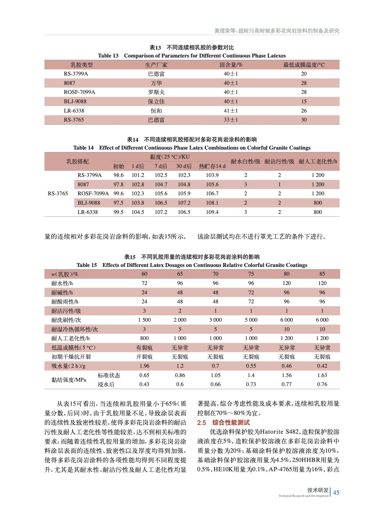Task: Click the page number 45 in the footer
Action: tap(336, 492)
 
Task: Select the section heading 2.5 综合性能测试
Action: tap(223, 422)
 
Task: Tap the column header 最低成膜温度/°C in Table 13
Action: tap(304, 65)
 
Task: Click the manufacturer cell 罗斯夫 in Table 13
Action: tap(156, 92)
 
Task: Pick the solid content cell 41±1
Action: tap(231, 111)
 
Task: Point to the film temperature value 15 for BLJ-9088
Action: tap(304, 101)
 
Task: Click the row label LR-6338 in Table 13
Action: tap(74, 111)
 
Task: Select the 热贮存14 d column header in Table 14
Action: tap(212, 166)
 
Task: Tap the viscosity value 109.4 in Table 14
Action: tap(212, 212)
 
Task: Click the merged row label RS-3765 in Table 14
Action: tap(58, 194)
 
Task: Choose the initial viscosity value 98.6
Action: tap(118, 175)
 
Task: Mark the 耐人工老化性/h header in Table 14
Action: tap(318, 161)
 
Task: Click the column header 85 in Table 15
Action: tap(322, 274)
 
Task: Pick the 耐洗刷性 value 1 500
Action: tap(144, 320)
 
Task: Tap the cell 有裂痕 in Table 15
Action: tap(144, 348)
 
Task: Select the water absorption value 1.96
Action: tap(144, 366)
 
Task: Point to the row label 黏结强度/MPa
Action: tap(69, 380)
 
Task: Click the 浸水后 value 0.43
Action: tap(144, 384)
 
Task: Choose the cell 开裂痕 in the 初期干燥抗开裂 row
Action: tap(144, 357)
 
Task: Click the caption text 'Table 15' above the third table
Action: tap(87, 265)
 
